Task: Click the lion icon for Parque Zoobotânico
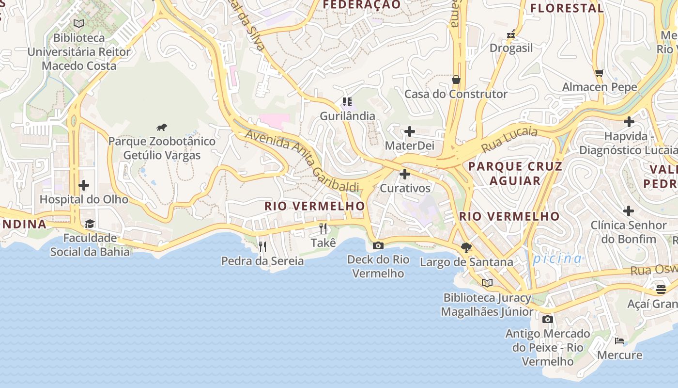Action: [x=162, y=128]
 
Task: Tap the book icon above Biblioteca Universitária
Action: [x=79, y=23]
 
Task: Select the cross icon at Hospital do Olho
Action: [x=84, y=185]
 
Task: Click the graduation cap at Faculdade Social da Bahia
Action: [x=90, y=224]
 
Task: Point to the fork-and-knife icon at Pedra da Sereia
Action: [x=262, y=247]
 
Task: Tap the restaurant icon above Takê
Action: [x=323, y=228]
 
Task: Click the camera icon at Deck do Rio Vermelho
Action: [x=378, y=245]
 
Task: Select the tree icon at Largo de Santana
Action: [x=466, y=248]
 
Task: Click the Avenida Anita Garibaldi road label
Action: [x=303, y=160]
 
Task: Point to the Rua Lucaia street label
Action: [x=509, y=139]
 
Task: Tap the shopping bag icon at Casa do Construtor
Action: [x=456, y=80]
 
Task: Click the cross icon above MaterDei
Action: [x=410, y=131]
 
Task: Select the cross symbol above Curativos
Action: [x=405, y=174]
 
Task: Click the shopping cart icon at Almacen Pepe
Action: [x=600, y=73]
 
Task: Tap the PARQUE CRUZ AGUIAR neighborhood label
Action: [x=515, y=174]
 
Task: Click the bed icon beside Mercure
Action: [x=619, y=341]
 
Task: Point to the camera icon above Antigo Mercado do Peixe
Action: [x=548, y=319]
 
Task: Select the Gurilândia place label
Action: [x=347, y=116]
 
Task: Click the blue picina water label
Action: [x=557, y=259]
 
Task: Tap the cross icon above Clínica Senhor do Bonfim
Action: [x=629, y=211]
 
